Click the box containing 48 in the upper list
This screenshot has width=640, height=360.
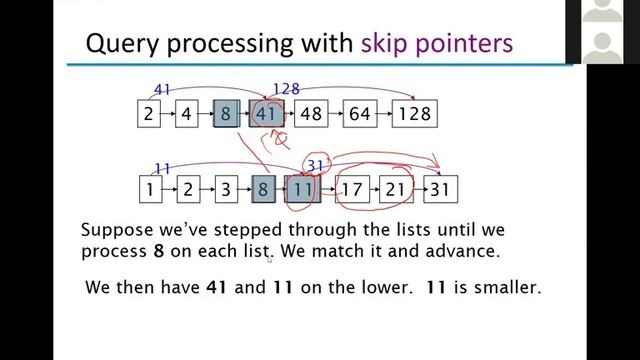311,113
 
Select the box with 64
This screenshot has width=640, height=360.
359,113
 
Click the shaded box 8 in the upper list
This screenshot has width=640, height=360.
225,113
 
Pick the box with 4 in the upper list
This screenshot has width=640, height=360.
186,113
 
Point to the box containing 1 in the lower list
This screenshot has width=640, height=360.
149,187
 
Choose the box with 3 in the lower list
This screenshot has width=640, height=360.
225,187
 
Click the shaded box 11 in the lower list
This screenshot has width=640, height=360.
303,187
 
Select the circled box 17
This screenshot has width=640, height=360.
349,187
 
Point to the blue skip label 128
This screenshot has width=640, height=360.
286,90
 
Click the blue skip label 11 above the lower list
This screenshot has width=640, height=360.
163,167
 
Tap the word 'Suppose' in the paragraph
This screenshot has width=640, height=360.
119,229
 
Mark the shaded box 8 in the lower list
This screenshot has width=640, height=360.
263,187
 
